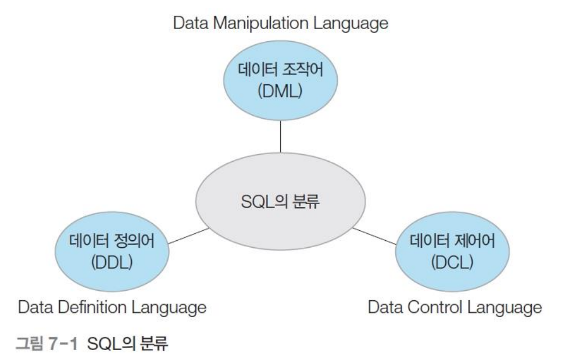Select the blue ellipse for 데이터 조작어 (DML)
[281, 81]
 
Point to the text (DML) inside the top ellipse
[281, 91]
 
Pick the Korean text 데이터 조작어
[281, 71]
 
